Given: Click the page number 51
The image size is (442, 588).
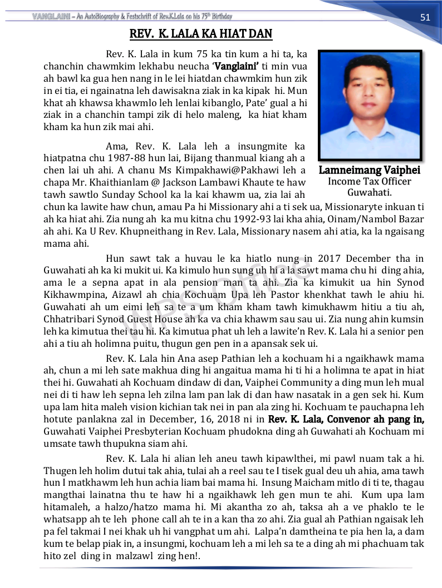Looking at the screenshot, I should pyautogui.click(x=425, y=17).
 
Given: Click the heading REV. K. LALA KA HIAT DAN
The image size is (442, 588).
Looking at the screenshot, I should pyautogui.click(x=201, y=34).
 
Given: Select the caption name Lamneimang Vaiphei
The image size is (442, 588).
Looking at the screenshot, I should pyautogui.click(x=370, y=170).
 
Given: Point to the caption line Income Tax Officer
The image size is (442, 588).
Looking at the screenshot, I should pyautogui.click(x=370, y=182).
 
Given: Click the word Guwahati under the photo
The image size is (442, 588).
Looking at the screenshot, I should pyautogui.click(x=369, y=193).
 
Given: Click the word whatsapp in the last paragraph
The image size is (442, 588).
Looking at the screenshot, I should pyautogui.click(x=64, y=519).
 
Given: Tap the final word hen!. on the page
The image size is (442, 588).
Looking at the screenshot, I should pyautogui.click(x=190, y=555).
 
